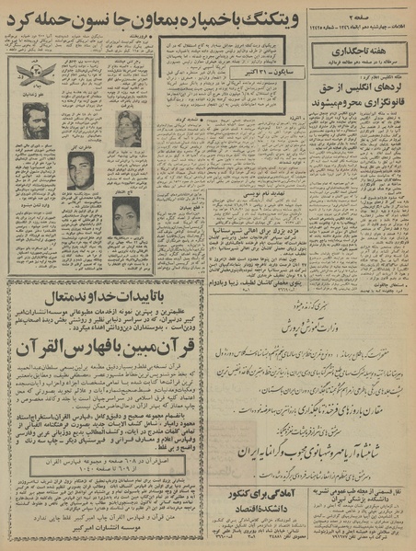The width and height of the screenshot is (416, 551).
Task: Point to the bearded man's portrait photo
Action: (x=37, y=121)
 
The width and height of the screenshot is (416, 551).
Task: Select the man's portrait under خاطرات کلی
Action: (x=80, y=170)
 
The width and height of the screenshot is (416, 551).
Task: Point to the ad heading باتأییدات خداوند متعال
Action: (x=103, y=295)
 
